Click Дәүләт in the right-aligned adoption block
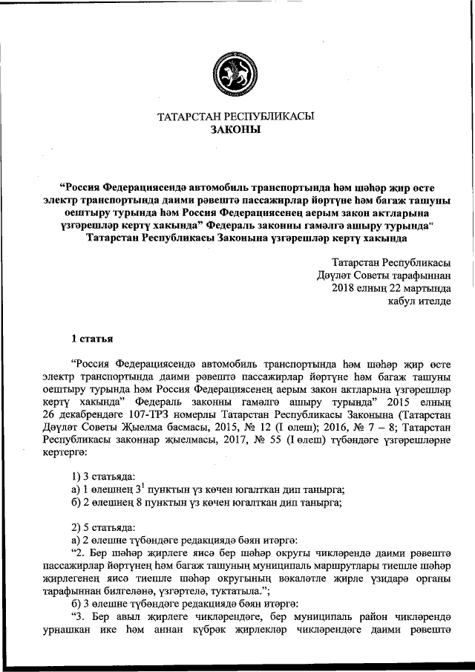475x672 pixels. (x=333, y=275)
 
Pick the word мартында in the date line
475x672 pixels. (x=424, y=287)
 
